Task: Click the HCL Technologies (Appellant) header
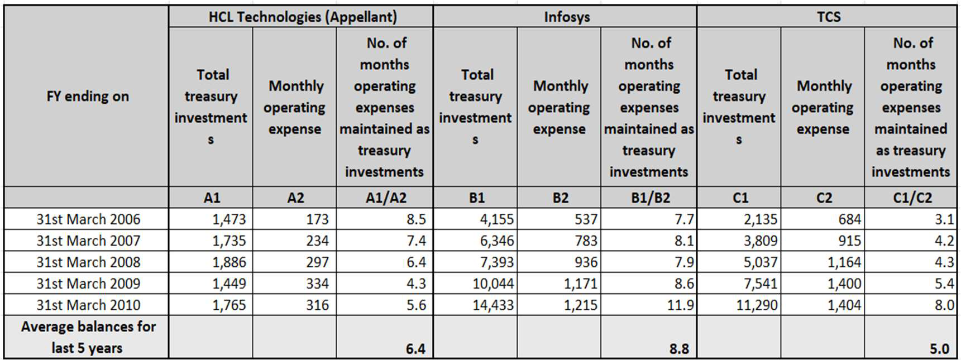(303, 17)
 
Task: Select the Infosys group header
(567, 17)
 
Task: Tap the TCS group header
(829, 17)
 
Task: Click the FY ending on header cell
(88, 96)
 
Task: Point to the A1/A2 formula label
(386, 198)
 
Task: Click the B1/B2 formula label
(651, 198)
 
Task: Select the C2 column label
(824, 198)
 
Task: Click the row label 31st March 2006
(88, 219)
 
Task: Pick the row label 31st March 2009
(88, 284)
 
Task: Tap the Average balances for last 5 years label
(88, 337)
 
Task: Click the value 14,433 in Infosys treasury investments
(493, 305)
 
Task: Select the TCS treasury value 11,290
(757, 305)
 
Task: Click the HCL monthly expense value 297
(317, 262)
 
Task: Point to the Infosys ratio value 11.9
(680, 305)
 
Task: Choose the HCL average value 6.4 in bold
(415, 349)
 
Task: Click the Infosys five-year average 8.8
(680, 349)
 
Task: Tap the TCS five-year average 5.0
(940, 349)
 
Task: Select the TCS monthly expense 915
(849, 241)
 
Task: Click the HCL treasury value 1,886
(229, 262)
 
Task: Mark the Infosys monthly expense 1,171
(581, 284)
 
